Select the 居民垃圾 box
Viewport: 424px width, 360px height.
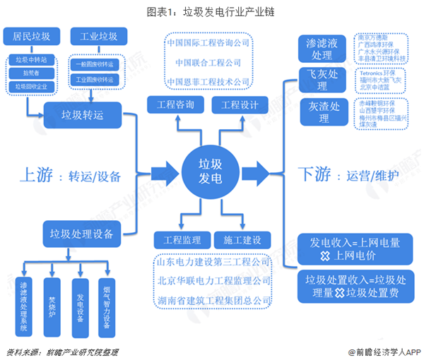pyautogui.click(x=26, y=36)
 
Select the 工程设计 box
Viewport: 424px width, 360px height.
pyautogui.click(x=240, y=105)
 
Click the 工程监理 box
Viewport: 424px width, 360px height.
pyautogui.click(x=178, y=239)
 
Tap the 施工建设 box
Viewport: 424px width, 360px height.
pyautogui.click(x=242, y=239)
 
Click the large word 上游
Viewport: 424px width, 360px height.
pyautogui.click(x=35, y=174)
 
